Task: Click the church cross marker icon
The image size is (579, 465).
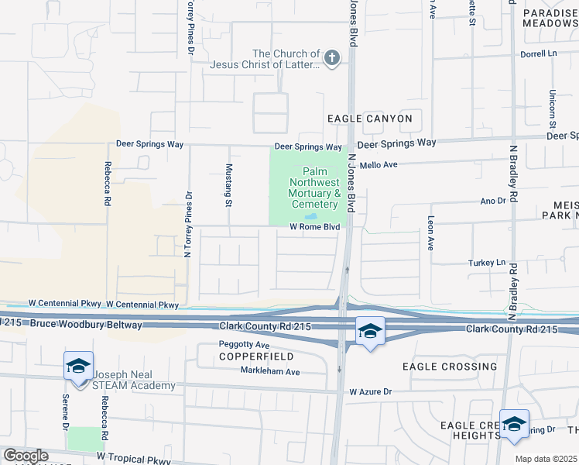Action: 332,59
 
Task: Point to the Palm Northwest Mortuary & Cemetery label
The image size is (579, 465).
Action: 314,188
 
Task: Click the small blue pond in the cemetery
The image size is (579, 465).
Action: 310,217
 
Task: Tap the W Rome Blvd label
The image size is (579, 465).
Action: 315,227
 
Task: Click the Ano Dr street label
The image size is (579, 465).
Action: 492,201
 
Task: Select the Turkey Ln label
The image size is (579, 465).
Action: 487,263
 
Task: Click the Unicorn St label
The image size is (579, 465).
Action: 553,108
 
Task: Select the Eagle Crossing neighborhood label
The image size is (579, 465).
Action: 450,366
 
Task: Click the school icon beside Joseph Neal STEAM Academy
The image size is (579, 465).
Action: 78,366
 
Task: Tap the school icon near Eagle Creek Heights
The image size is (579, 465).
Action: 514,424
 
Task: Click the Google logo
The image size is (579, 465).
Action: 26,456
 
